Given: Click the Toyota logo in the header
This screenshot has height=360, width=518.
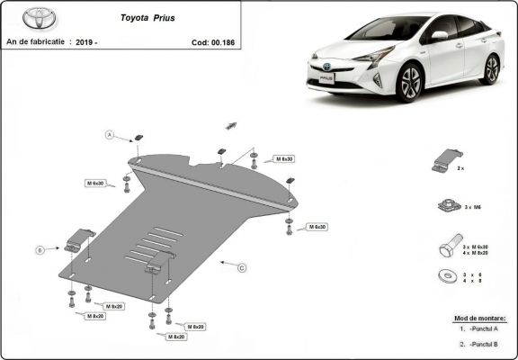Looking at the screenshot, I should click(x=25, y=19).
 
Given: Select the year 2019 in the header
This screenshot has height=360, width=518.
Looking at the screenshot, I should click(x=85, y=41).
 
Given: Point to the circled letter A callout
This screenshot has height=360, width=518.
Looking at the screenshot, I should click(x=110, y=135).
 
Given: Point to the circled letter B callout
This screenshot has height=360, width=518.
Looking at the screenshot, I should click(x=40, y=249).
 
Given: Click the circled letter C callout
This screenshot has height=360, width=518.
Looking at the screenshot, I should click(x=242, y=267).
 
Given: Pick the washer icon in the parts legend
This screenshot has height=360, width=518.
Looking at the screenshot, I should click(x=443, y=274).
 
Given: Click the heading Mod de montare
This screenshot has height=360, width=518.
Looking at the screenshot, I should click(x=486, y=318).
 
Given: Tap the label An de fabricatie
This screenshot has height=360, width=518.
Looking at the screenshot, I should click(x=35, y=41).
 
